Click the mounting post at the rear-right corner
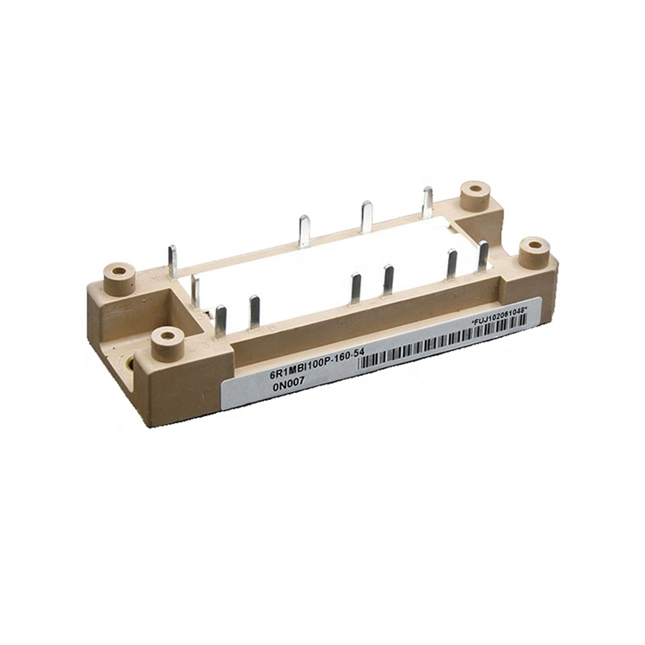(x=476, y=194)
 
